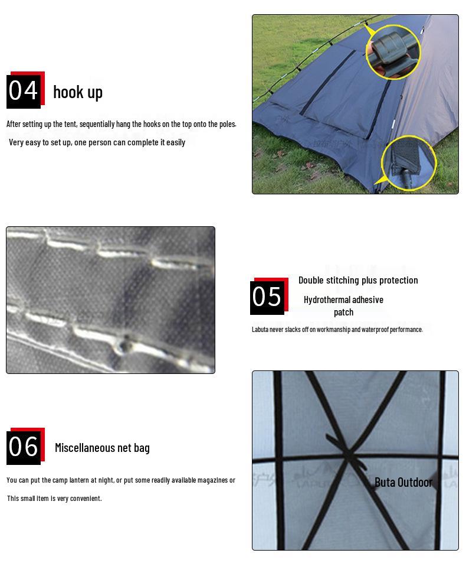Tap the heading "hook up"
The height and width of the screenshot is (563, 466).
pyautogui.click(x=78, y=92)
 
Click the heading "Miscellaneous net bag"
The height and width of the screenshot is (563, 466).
pyautogui.click(x=102, y=448)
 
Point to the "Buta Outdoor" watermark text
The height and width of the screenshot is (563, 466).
pyautogui.click(x=403, y=482)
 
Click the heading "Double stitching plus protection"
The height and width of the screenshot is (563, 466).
pyautogui.click(x=358, y=280)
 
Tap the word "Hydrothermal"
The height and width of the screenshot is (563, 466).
pyautogui.click(x=327, y=300)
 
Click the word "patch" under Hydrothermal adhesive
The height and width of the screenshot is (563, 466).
pyautogui.click(x=343, y=313)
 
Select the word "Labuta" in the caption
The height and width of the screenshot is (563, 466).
pyautogui.click(x=260, y=329)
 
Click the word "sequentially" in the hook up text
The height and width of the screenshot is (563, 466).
pyautogui.click(x=96, y=124)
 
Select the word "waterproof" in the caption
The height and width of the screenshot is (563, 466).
pyautogui.click(x=375, y=329)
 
